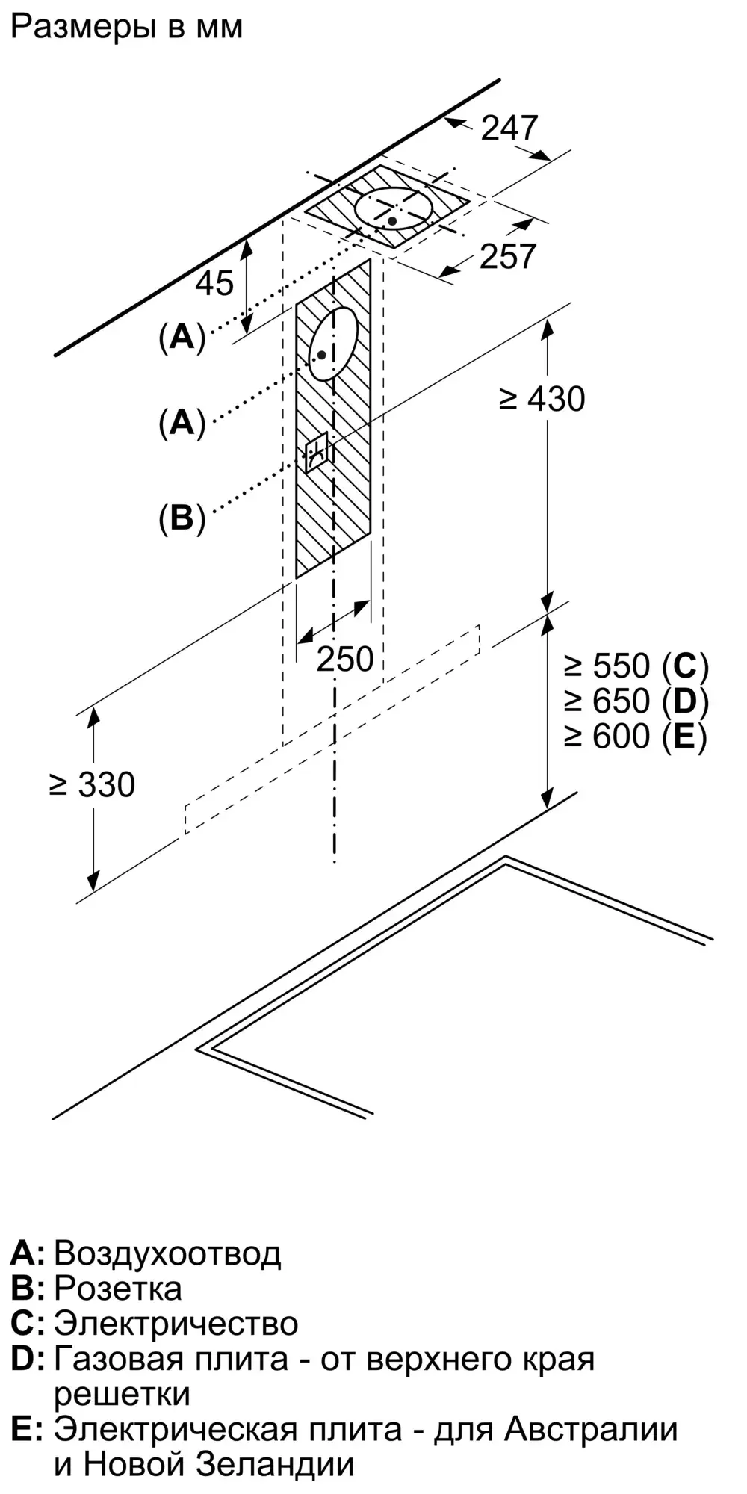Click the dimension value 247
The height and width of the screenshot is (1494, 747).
point(509,128)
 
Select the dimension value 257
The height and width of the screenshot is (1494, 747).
point(508,256)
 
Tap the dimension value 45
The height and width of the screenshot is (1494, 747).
point(215,282)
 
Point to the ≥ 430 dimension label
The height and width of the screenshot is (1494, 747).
point(542,399)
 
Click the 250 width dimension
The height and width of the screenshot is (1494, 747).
point(345,659)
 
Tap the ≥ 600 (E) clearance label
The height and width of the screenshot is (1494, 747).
point(636,737)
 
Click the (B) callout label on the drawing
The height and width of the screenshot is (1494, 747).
point(182,517)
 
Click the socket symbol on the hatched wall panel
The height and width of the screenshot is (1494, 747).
point(316,451)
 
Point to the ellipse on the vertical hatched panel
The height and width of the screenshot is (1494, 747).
point(333,344)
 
